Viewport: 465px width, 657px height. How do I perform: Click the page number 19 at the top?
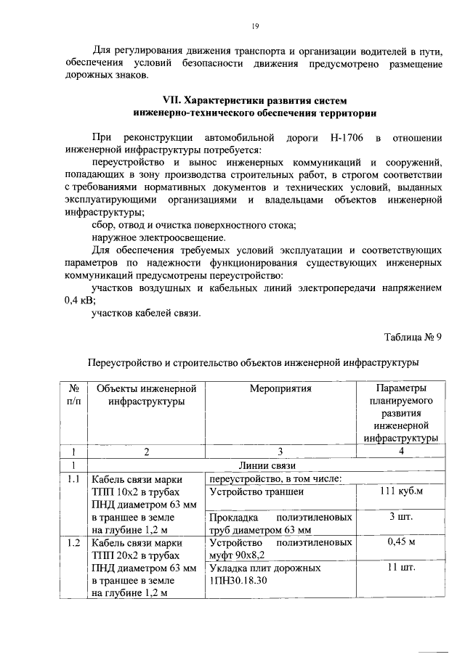click(256, 27)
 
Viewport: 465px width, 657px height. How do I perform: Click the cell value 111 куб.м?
click(400, 491)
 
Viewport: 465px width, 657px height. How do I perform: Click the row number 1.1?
click(73, 479)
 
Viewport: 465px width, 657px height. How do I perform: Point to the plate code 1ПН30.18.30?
click(238, 580)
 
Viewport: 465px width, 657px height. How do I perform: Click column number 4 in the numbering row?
click(400, 452)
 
